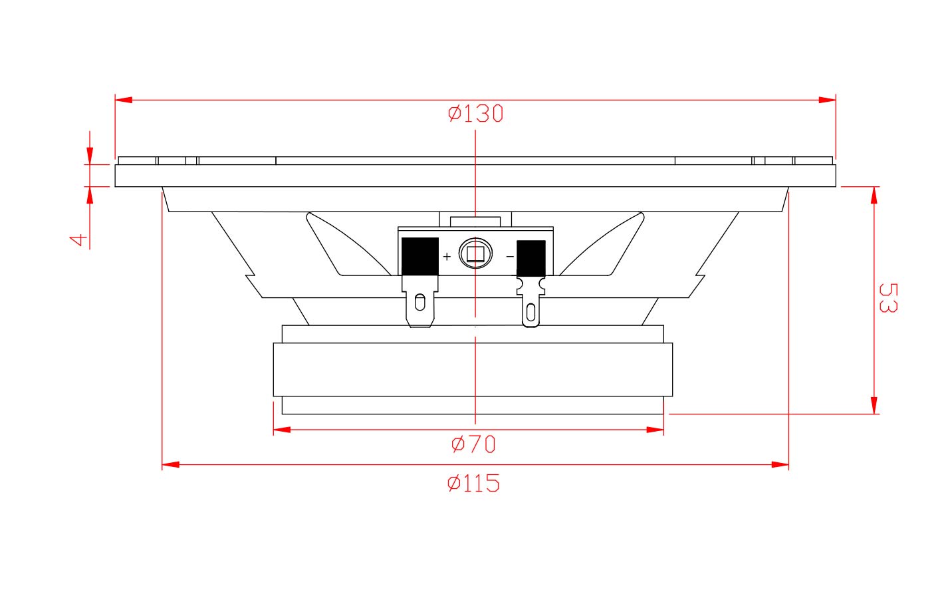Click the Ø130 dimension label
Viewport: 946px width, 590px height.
(x=475, y=114)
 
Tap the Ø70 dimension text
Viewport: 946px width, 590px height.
(x=473, y=444)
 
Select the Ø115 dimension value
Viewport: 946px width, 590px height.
(x=473, y=483)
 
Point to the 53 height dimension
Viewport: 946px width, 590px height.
(x=888, y=298)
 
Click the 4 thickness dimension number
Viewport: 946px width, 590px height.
(x=78, y=240)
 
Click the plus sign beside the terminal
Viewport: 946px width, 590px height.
(x=447, y=256)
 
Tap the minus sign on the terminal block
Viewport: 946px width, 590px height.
(x=510, y=257)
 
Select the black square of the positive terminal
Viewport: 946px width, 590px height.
(x=419, y=257)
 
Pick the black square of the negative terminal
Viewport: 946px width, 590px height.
(x=531, y=258)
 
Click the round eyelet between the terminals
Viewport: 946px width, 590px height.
(x=475, y=253)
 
